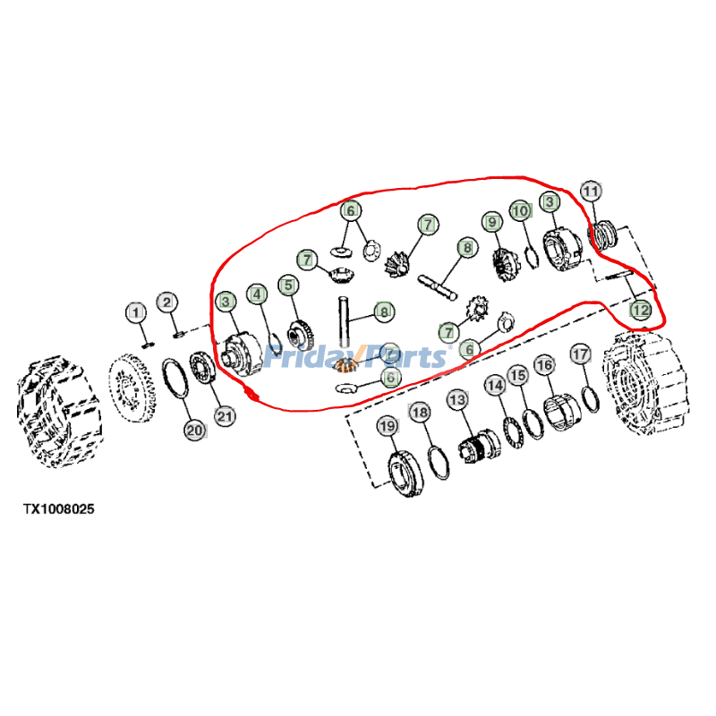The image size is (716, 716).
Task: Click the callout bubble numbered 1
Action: click(x=134, y=312)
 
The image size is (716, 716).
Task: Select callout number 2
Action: click(x=167, y=302)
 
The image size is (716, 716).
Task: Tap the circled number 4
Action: click(x=257, y=293)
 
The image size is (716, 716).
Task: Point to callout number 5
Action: click(x=287, y=286)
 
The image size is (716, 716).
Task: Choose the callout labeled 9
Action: click(x=490, y=220)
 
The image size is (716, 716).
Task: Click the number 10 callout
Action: click(x=521, y=210)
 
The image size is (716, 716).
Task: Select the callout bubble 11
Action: click(x=591, y=191)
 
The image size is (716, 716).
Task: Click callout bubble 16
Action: click(x=544, y=365)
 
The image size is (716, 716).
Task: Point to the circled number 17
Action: click(x=579, y=354)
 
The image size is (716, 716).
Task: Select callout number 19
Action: click(x=387, y=427)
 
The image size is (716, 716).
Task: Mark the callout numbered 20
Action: click(x=194, y=430)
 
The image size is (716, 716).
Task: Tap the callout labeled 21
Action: click(x=224, y=415)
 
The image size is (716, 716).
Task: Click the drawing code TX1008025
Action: click(x=58, y=508)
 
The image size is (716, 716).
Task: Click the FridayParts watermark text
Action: click(x=358, y=358)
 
